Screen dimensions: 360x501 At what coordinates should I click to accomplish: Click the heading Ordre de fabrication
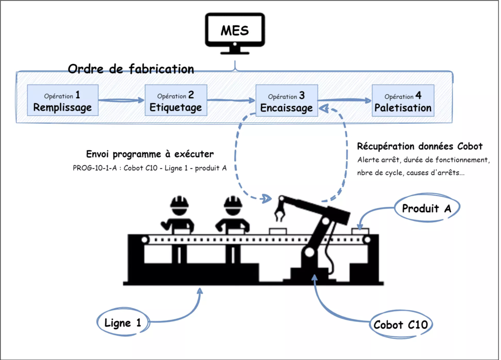click(x=131, y=69)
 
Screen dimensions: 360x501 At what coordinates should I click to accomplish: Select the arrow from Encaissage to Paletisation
click(x=345, y=101)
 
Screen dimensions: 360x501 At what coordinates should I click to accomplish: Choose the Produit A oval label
click(x=426, y=209)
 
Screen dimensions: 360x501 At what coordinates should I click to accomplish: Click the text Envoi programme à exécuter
click(x=149, y=154)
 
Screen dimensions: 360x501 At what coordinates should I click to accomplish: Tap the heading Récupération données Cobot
click(x=420, y=146)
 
